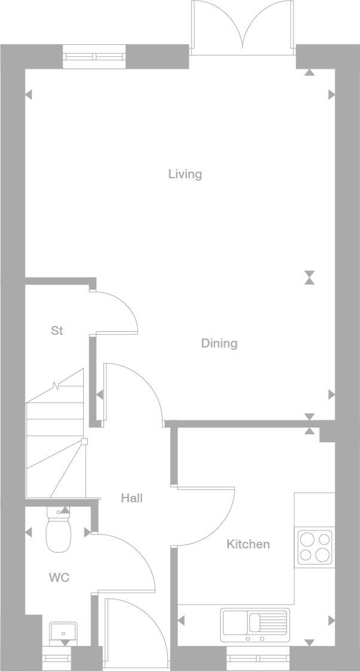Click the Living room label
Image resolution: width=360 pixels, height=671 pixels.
tap(185, 174)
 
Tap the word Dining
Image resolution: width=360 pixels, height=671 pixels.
tap(219, 343)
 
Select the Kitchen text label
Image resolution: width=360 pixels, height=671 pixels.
tap(248, 544)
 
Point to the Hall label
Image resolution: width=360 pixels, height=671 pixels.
tap(132, 498)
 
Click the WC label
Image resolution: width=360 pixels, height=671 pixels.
tap(59, 578)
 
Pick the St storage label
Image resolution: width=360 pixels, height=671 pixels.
tap(57, 331)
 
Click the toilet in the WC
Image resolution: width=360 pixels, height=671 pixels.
tap(58, 532)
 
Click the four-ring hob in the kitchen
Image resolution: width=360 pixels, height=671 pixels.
tap(315, 547)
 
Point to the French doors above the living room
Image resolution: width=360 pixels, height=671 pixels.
tap(242, 27)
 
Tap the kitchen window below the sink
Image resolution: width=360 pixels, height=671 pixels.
tap(258, 658)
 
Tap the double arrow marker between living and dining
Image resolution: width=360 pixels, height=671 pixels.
tap(309, 277)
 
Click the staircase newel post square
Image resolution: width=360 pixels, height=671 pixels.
tap(84, 442)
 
